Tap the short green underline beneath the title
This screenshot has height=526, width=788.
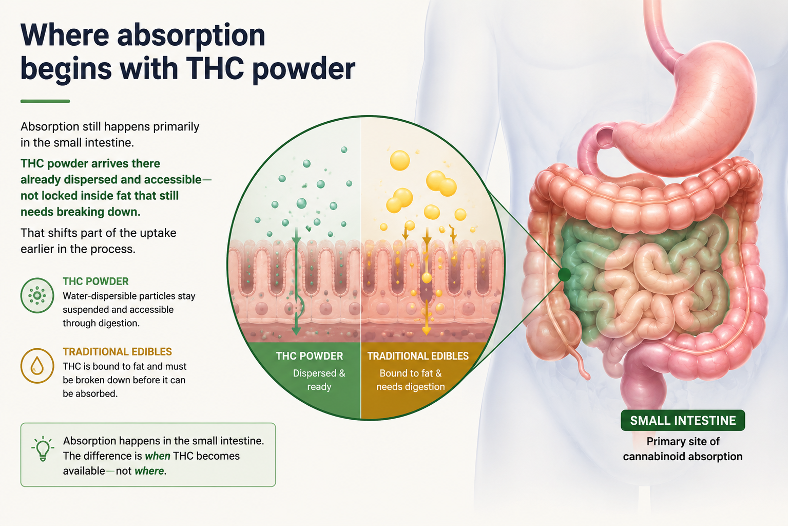click(x=45, y=101)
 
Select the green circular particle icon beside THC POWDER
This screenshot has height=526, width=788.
click(x=37, y=295)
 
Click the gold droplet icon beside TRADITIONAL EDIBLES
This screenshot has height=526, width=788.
click(x=37, y=365)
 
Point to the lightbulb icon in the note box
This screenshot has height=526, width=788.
click(x=43, y=448)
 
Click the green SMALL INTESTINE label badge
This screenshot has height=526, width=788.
click(x=682, y=420)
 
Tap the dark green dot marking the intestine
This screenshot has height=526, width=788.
click(x=564, y=274)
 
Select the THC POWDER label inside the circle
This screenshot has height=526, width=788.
click(x=309, y=356)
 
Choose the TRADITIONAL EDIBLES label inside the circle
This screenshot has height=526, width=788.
click(x=418, y=356)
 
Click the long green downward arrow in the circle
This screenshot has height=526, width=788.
click(x=296, y=281)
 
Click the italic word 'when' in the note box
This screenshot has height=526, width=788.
click(x=157, y=456)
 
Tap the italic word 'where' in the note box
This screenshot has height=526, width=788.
click(x=149, y=471)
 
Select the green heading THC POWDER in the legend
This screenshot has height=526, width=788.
click(x=95, y=281)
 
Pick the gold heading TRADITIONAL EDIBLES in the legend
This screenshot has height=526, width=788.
click(x=117, y=352)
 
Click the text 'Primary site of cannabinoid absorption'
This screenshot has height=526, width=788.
click(x=682, y=449)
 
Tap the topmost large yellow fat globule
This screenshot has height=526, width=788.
click(x=399, y=161)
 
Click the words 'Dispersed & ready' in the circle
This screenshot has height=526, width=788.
click(x=319, y=380)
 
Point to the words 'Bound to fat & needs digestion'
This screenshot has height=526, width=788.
click(x=411, y=380)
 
